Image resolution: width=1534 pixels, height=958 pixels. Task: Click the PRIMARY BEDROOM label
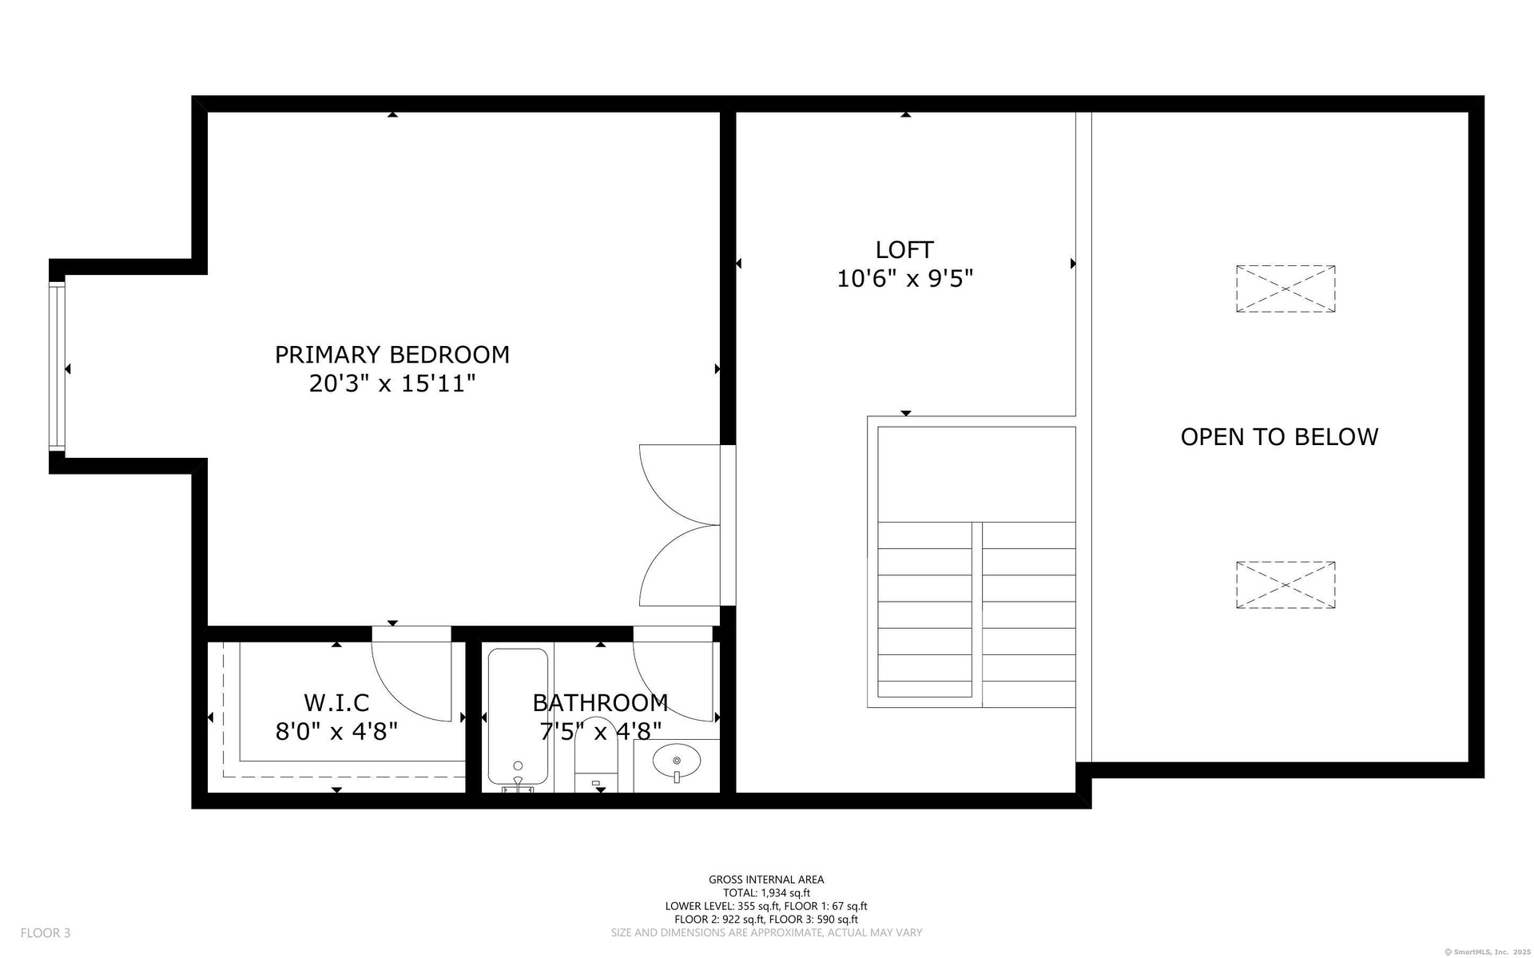tap(392, 355)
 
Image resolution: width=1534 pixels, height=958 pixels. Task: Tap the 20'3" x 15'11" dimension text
tap(392, 384)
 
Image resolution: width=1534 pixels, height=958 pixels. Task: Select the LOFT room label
tap(904, 250)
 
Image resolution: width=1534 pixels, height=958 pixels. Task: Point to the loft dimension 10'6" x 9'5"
tap(904, 279)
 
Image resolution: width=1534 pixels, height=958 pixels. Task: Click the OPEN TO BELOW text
tap(1279, 437)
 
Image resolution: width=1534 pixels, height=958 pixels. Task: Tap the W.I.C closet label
tap(336, 703)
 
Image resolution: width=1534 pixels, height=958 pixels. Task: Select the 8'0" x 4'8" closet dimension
tap(336, 732)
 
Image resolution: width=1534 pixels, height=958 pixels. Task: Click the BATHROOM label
tap(600, 703)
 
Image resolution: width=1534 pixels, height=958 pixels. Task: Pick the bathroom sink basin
tap(677, 761)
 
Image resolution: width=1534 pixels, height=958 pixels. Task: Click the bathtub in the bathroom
tap(518, 717)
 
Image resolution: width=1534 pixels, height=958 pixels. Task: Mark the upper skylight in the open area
tap(1286, 288)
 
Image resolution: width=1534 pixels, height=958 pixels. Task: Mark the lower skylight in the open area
tap(1286, 585)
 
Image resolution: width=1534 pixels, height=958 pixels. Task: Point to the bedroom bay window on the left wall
tap(57, 367)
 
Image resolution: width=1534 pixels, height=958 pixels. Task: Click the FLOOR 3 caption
tap(46, 932)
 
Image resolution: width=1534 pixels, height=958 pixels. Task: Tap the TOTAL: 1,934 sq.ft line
tap(766, 893)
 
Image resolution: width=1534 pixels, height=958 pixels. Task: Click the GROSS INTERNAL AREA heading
tap(766, 880)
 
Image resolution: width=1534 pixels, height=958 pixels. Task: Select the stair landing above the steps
tap(976, 475)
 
